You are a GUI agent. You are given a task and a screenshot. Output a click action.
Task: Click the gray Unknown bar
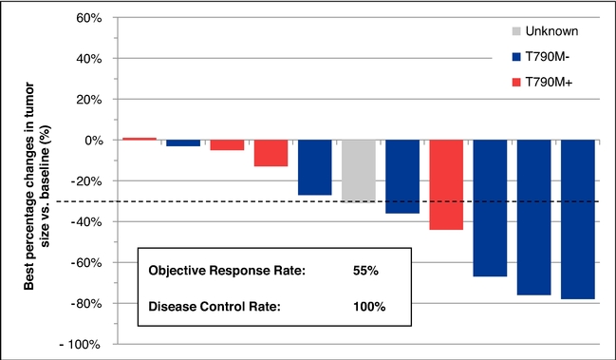(359, 171)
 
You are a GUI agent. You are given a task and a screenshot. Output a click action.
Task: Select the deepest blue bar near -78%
(577, 219)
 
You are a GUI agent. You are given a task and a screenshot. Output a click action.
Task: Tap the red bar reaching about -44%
(446, 184)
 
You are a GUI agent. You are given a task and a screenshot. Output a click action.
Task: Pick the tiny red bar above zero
(140, 139)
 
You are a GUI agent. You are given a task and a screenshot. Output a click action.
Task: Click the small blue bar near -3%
(183, 143)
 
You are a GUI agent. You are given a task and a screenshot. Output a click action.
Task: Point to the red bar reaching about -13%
(271, 153)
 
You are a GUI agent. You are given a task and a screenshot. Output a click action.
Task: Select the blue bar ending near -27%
(315, 167)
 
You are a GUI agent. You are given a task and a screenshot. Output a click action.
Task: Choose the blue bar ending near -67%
(490, 208)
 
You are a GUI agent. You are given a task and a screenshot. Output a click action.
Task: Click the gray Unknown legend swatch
(516, 31)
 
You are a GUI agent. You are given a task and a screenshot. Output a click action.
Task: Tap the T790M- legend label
(548, 57)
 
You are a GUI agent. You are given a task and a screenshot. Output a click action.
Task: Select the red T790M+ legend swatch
(516, 82)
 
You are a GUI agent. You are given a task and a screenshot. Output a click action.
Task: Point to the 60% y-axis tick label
(89, 18)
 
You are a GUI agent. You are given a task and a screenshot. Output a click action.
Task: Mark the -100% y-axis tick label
(80, 345)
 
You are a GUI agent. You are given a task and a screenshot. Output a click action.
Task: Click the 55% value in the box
(365, 271)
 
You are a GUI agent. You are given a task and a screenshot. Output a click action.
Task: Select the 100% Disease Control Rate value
(369, 306)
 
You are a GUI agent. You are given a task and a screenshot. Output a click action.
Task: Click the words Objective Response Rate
(227, 271)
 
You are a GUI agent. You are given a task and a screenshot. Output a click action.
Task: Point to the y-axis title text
(37, 186)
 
